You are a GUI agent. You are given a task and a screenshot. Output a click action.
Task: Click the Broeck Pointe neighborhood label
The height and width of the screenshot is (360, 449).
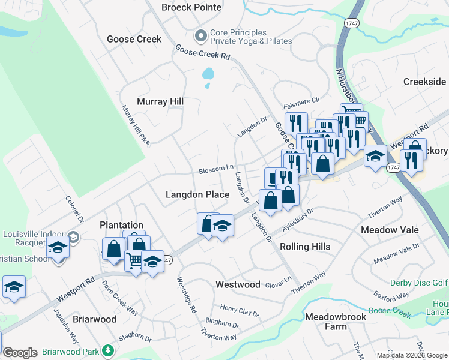[191, 7]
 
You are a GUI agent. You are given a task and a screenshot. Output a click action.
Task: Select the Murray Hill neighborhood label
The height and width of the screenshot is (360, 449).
[160, 101]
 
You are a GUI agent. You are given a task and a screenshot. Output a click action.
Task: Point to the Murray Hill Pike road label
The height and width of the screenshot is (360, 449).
[135, 125]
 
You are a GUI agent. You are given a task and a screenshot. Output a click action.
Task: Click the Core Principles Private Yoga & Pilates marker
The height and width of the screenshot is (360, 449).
[200, 37]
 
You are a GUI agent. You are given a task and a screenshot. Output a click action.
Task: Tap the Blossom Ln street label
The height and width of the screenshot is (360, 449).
[216, 169]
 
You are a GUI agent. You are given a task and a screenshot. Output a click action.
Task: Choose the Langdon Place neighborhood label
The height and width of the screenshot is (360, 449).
[197, 194]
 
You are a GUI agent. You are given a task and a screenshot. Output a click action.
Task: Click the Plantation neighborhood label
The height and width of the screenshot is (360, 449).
[122, 225]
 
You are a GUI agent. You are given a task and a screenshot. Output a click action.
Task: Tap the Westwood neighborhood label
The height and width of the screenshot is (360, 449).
[238, 284]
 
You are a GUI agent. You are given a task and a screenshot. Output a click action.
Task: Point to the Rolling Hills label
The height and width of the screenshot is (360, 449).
[306, 247]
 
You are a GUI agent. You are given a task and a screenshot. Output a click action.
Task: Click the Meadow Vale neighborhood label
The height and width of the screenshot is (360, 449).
[388, 230]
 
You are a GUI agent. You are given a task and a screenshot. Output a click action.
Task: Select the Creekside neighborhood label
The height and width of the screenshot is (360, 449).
[424, 82]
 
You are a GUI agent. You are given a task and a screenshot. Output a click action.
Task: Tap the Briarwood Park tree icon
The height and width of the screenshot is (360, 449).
[107, 350]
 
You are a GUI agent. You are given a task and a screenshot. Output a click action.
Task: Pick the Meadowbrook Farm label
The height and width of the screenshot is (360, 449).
[326, 321]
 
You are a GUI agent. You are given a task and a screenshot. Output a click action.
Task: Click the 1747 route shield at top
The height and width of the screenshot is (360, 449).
[352, 22]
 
